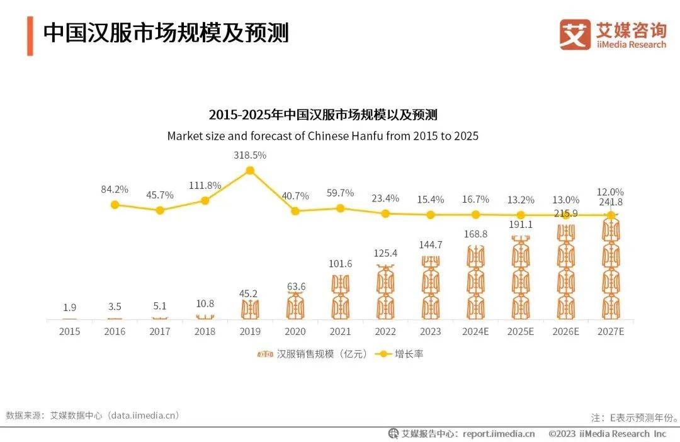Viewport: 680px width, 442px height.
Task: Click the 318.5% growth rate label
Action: click(x=250, y=155)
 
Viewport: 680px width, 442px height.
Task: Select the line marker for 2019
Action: click(x=250, y=171)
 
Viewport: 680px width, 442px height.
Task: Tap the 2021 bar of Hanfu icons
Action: click(x=341, y=297)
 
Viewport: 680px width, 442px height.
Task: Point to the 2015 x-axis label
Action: click(x=69, y=332)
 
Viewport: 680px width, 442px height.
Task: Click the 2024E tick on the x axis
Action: click(x=476, y=332)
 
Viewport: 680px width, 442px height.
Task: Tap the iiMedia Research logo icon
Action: click(x=574, y=34)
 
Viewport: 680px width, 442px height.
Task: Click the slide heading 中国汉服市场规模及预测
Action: click(x=166, y=33)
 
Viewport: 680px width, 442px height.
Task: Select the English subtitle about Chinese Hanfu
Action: click(x=323, y=135)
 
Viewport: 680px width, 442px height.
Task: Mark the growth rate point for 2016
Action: click(x=115, y=205)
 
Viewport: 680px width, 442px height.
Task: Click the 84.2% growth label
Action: click(x=115, y=189)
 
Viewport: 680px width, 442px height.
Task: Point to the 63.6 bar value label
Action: click(x=295, y=287)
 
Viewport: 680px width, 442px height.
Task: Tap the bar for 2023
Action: click(x=431, y=286)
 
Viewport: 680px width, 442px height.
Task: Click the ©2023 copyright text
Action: click(x=607, y=434)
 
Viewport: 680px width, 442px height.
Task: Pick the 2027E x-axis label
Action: click(x=610, y=332)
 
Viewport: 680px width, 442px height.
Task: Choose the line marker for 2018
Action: click(x=205, y=200)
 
